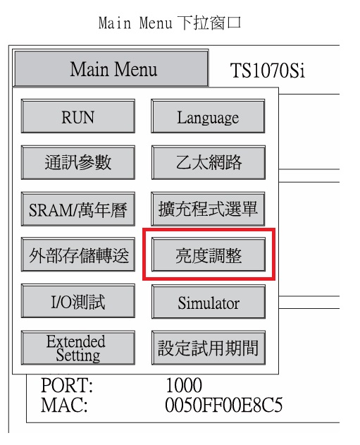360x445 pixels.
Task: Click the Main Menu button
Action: point(111,68)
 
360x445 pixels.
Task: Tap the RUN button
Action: point(78,116)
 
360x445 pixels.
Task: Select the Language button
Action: point(208,116)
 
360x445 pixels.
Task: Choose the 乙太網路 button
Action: point(209,163)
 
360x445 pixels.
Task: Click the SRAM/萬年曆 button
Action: point(78,209)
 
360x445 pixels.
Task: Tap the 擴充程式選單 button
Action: point(208,209)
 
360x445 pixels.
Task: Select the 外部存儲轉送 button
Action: point(78,255)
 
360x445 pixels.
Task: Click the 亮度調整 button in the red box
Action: point(209,255)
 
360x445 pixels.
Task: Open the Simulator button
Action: point(209,302)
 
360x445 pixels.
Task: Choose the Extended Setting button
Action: point(78,348)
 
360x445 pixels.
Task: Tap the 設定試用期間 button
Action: point(209,348)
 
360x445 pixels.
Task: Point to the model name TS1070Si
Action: point(268,71)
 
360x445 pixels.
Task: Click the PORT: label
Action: point(67,385)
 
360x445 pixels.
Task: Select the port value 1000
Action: point(184,385)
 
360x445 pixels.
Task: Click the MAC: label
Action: point(64,405)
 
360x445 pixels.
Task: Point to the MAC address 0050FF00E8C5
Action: point(223,405)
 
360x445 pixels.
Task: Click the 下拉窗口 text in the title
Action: point(209,23)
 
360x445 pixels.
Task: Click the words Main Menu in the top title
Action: point(135,23)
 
